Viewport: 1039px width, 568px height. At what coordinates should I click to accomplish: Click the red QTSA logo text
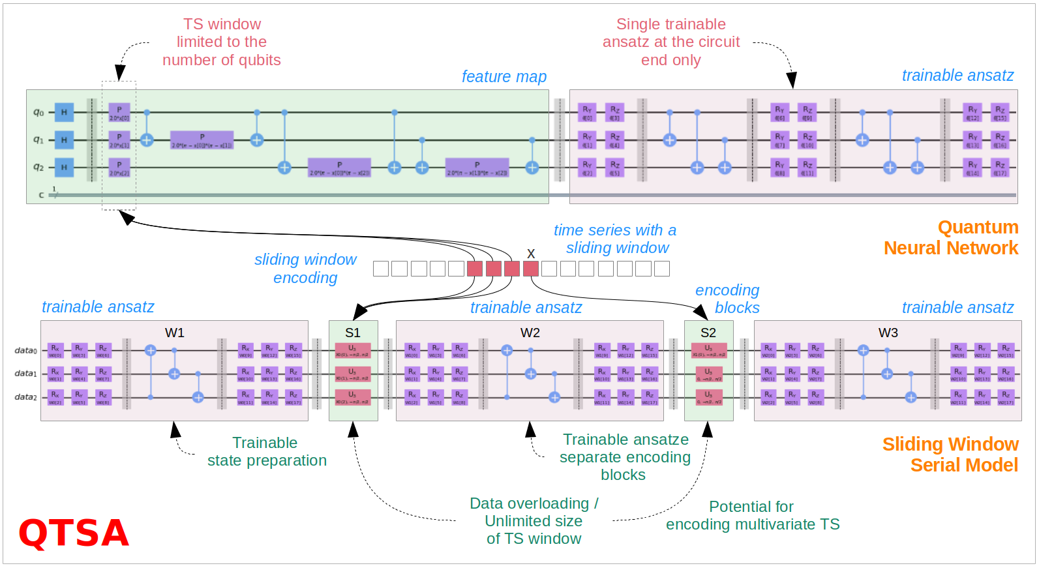click(74, 533)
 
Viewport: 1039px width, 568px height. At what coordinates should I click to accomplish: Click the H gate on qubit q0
click(64, 112)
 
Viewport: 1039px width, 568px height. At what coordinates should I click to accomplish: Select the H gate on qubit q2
click(64, 168)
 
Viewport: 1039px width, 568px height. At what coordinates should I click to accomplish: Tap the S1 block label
click(353, 333)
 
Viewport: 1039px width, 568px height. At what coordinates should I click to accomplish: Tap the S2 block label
click(708, 333)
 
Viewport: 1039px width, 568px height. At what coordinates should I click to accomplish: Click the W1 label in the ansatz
click(175, 333)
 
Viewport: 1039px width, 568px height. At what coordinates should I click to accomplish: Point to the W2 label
click(530, 333)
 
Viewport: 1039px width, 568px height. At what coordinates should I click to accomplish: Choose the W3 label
click(888, 333)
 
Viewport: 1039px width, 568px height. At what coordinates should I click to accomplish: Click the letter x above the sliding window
click(531, 254)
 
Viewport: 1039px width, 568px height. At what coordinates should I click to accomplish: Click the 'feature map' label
click(504, 77)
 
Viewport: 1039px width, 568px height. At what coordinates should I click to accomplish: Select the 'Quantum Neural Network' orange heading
click(951, 237)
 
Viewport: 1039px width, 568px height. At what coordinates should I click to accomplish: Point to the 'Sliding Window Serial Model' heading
click(950, 455)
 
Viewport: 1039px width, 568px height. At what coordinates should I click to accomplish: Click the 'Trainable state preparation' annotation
click(267, 452)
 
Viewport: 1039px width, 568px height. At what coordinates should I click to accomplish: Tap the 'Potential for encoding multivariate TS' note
click(753, 516)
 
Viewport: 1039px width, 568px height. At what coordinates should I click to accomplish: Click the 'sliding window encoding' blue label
click(305, 269)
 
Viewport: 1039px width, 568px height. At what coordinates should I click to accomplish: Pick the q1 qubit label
click(38, 140)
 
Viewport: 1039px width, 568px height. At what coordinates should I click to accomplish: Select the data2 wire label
click(26, 397)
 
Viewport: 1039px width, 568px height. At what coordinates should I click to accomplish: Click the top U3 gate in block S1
click(352, 350)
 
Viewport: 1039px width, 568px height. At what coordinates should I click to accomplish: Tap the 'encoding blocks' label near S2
click(727, 299)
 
